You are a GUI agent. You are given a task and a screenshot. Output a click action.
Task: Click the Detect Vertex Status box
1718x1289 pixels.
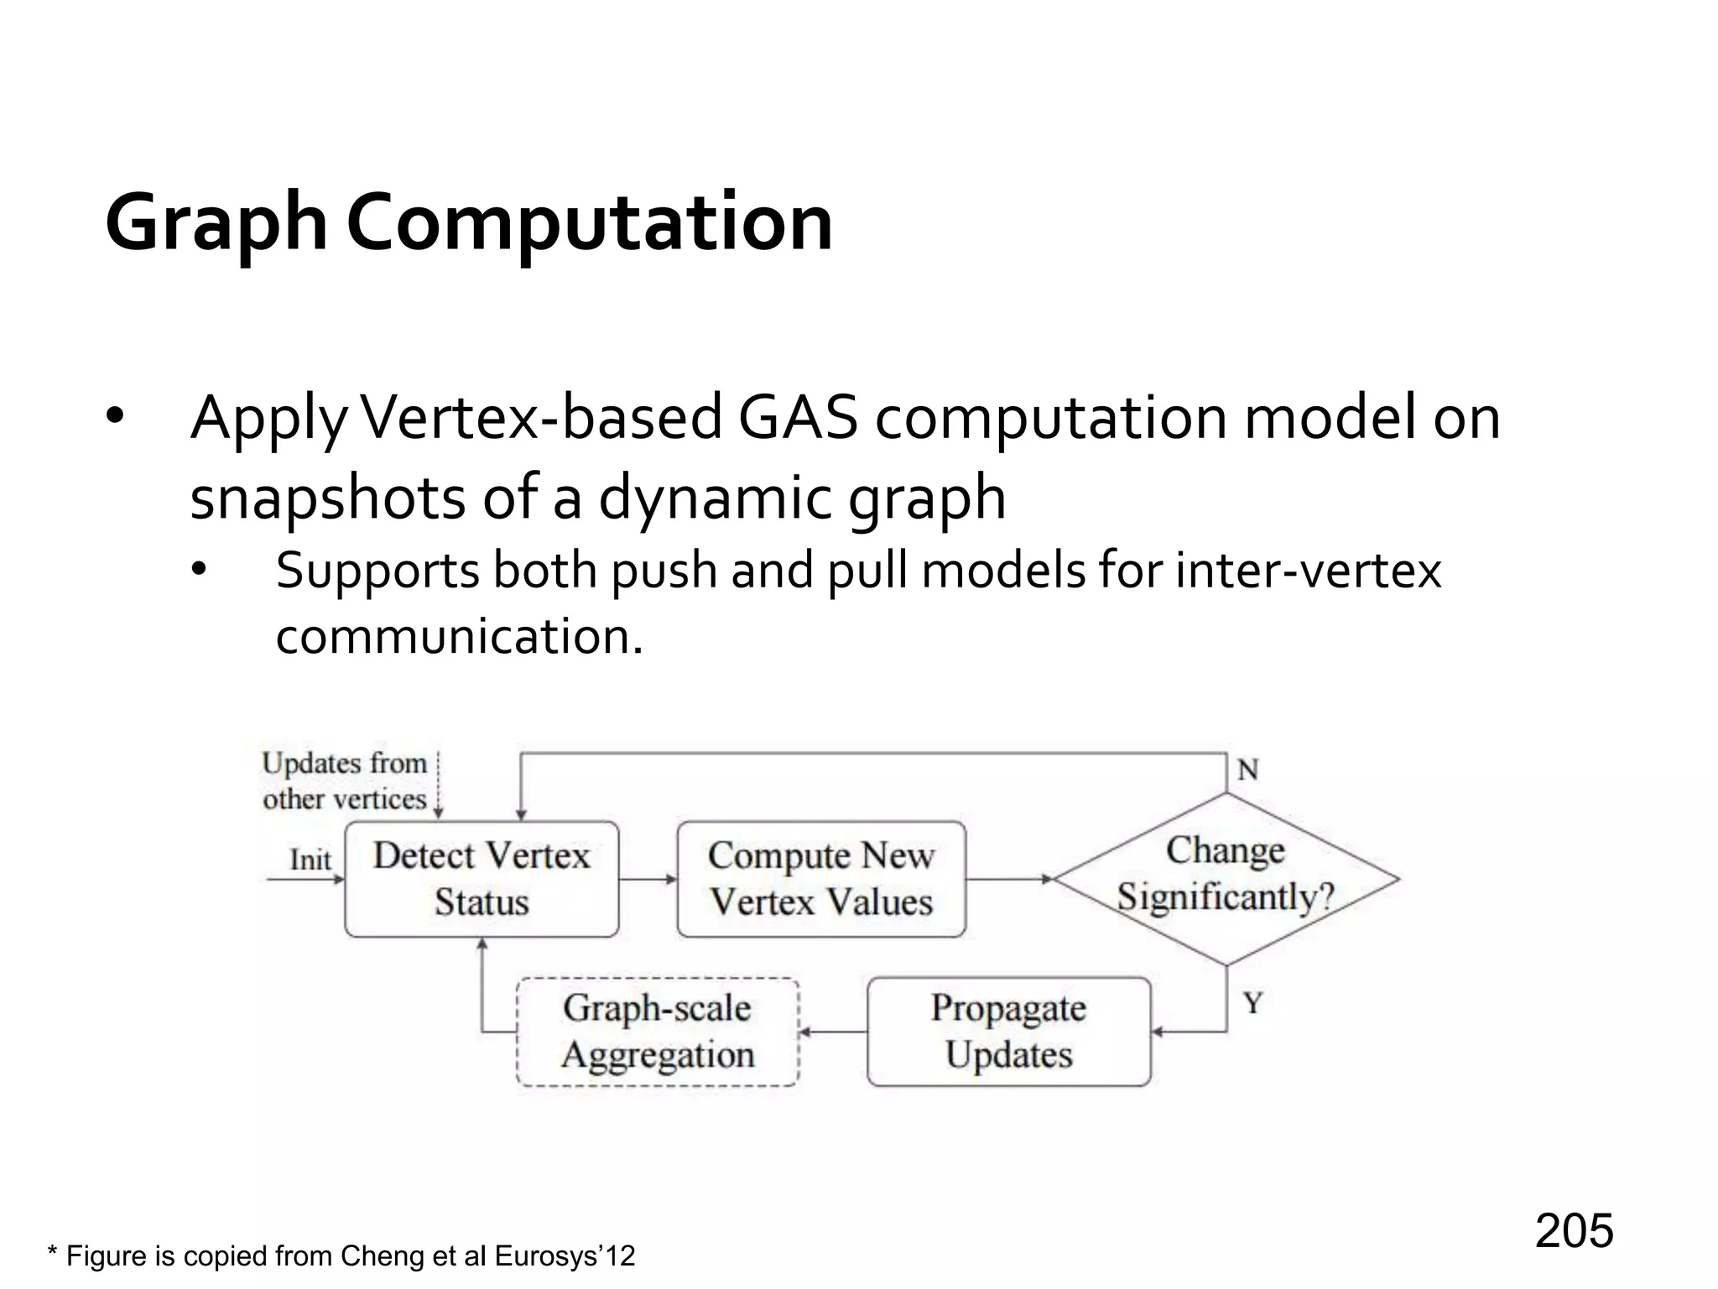pyautogui.click(x=482, y=879)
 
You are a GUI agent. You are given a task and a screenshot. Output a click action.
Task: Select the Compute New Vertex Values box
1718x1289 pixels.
pyautogui.click(x=821, y=879)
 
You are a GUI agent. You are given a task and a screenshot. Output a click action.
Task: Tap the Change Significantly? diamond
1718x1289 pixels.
pyautogui.click(x=1226, y=878)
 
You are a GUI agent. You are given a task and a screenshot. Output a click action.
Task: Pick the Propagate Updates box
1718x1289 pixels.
pyautogui.click(x=1008, y=1031)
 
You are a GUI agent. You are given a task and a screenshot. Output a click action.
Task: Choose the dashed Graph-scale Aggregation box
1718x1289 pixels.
pyautogui.click(x=658, y=1031)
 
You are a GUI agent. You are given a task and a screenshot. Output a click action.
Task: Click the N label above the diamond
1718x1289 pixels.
pyautogui.click(x=1247, y=769)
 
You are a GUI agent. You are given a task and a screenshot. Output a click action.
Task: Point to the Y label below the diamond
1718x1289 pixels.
pyautogui.click(x=1252, y=1003)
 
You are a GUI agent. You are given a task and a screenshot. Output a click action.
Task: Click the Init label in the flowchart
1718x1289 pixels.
pyautogui.click(x=310, y=859)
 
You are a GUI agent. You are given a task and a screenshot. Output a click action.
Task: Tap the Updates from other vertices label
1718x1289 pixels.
pyautogui.click(x=345, y=780)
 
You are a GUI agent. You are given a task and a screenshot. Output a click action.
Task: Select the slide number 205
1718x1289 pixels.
pyautogui.click(x=1574, y=1230)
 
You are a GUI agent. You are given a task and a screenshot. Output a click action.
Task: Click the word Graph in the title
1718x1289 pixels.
pyautogui.click(x=216, y=222)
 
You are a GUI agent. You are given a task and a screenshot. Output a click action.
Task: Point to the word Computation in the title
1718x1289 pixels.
pyautogui.click(x=590, y=222)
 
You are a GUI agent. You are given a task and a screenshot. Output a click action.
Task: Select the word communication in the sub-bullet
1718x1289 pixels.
pyautogui.click(x=459, y=635)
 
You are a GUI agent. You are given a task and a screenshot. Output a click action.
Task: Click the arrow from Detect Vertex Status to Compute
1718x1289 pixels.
pyautogui.click(x=648, y=879)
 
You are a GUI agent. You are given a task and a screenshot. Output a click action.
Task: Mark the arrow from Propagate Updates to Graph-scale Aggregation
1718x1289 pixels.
pyautogui.click(x=833, y=1031)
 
